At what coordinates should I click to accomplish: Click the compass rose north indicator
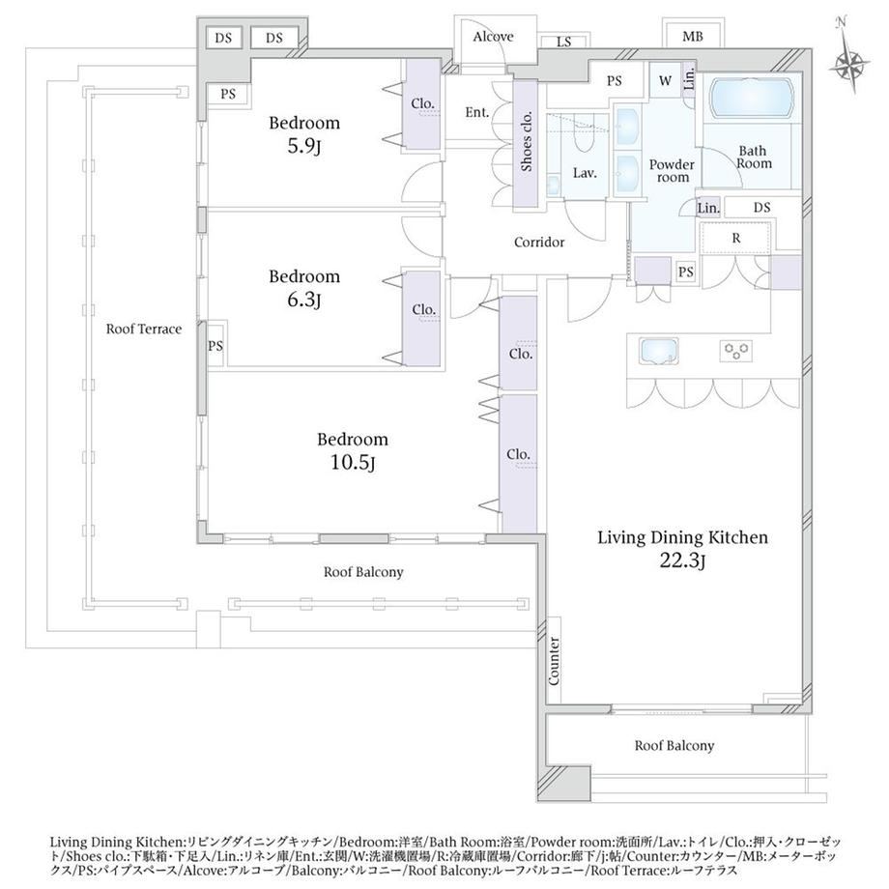pos(848,56)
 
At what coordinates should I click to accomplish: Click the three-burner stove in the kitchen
pos(736,351)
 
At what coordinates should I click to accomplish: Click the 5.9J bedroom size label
pos(304,147)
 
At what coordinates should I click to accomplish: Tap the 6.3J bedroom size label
pos(303,300)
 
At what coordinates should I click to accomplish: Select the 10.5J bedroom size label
pos(352,463)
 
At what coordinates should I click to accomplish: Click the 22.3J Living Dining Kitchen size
pos(682,560)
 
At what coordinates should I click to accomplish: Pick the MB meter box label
pos(692,37)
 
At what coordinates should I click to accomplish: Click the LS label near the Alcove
pos(563,42)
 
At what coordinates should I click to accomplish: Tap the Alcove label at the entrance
pos(493,37)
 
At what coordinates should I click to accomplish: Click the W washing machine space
pos(665,80)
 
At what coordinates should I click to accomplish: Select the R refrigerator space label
pos(736,238)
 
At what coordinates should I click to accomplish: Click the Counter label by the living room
pos(554,662)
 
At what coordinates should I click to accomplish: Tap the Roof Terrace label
pos(144,329)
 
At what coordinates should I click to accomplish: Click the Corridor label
pos(539,243)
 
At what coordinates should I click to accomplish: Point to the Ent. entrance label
pos(476,112)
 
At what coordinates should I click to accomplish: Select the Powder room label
pos(672,171)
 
